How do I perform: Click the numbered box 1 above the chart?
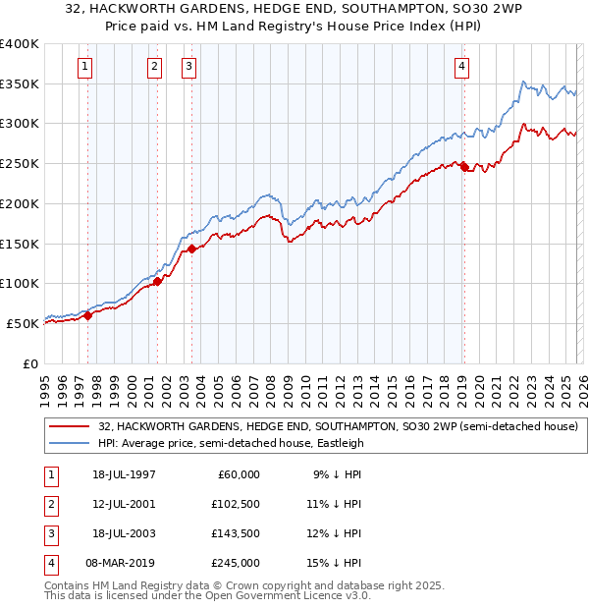pos(85,67)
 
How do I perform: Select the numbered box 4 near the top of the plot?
pos(461,67)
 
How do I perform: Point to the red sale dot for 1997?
pos(88,315)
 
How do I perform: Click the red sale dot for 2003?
pos(192,249)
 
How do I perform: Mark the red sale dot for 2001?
pos(157,282)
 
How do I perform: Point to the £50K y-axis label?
pos(24,323)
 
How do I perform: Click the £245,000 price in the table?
pos(236,563)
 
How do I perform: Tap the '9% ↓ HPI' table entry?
pos(336,474)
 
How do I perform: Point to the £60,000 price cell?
pos(239,474)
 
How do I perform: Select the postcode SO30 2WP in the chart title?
pos(476,12)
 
